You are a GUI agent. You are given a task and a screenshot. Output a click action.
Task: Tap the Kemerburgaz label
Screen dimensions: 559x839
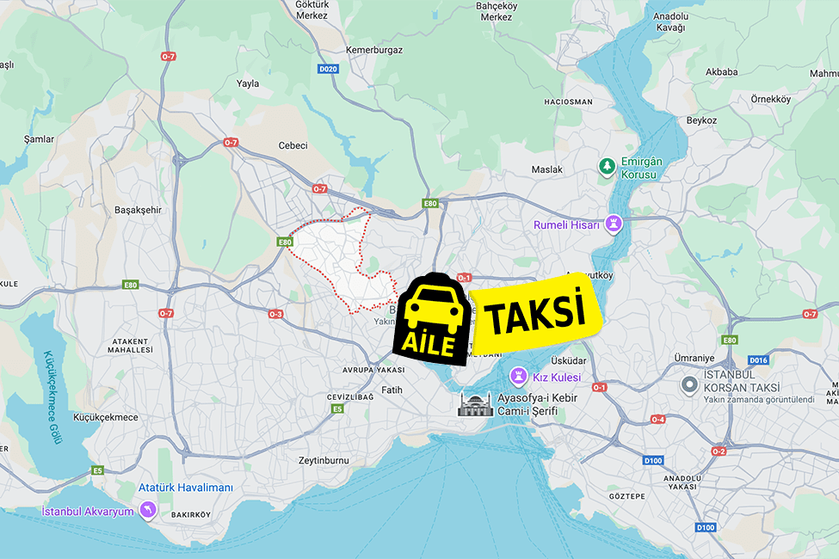[374, 51]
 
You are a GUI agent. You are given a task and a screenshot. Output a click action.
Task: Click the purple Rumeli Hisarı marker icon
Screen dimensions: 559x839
[614, 224]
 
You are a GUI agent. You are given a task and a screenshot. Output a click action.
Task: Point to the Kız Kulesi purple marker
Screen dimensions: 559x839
[520, 377]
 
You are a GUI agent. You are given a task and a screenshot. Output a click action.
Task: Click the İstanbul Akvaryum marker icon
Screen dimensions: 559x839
[148, 511]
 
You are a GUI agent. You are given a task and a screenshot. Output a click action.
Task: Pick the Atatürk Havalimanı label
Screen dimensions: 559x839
[186, 488]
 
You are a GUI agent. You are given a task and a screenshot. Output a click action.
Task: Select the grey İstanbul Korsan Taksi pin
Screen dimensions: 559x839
[688, 384]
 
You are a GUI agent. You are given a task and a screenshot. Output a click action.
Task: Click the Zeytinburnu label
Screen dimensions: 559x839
[324, 461]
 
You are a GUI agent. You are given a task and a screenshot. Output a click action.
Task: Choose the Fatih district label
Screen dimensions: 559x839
[392, 390]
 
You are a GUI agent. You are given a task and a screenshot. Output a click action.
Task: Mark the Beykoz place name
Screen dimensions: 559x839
[701, 120]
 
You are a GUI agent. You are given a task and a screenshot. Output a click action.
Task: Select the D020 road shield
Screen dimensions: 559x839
[327, 69]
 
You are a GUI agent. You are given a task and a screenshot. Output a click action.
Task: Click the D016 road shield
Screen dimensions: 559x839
[758, 360]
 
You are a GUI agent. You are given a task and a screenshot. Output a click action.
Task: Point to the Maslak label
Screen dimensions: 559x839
[547, 169]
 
